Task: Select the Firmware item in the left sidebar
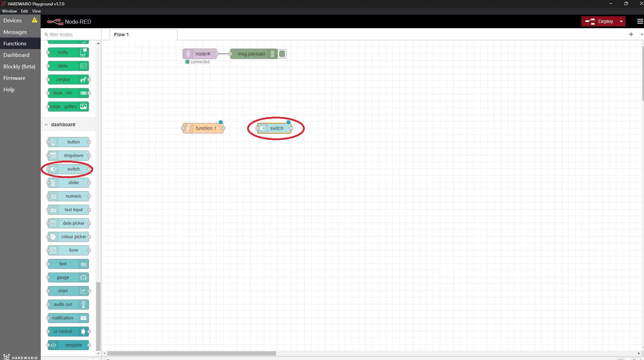click(x=14, y=78)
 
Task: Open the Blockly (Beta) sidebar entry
click(x=19, y=66)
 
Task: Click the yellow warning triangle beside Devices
click(x=35, y=20)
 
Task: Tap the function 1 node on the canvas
click(x=203, y=128)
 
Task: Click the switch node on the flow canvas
click(x=274, y=128)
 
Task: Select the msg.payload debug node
click(x=254, y=54)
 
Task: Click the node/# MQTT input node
click(x=200, y=54)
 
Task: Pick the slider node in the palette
click(x=68, y=183)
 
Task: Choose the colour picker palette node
click(x=68, y=237)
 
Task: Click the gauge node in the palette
click(x=68, y=277)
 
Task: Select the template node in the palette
click(x=68, y=345)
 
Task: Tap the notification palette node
click(x=68, y=318)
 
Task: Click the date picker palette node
click(x=68, y=223)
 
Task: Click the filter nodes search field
click(x=71, y=34)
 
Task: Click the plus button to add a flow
click(x=631, y=34)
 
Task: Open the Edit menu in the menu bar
click(x=24, y=11)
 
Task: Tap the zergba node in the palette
click(x=68, y=80)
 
